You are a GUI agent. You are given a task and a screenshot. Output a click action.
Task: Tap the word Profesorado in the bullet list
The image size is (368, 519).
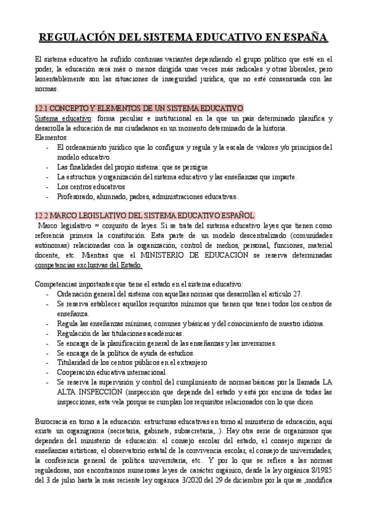[77, 196]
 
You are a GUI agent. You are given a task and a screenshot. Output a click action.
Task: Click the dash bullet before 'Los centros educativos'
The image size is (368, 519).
[48, 187]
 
